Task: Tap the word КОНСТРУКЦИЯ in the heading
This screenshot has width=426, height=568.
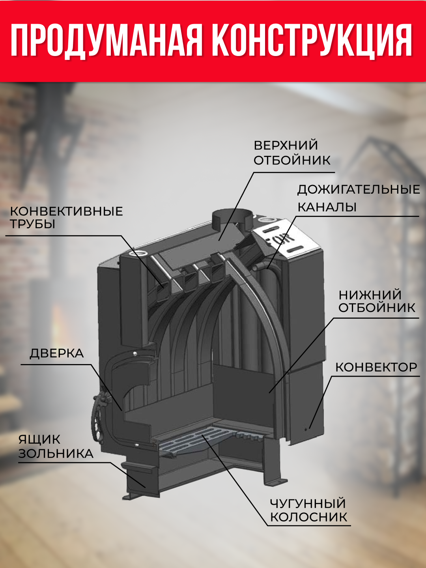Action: click(x=312, y=41)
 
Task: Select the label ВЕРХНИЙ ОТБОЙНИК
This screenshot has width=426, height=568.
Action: click(x=292, y=153)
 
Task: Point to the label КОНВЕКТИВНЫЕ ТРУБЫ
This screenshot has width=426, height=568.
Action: click(x=66, y=217)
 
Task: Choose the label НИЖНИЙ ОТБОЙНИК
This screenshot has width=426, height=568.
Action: click(x=377, y=301)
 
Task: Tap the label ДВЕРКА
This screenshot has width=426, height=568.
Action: click(x=57, y=353)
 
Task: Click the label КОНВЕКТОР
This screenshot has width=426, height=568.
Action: click(x=376, y=367)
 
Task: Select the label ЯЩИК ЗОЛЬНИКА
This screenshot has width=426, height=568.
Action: click(x=56, y=447)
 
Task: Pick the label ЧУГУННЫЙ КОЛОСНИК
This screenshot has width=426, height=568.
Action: click(x=308, y=510)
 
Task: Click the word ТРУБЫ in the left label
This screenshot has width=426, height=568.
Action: click(x=33, y=224)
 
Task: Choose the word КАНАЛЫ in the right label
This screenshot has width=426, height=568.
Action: click(x=327, y=207)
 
